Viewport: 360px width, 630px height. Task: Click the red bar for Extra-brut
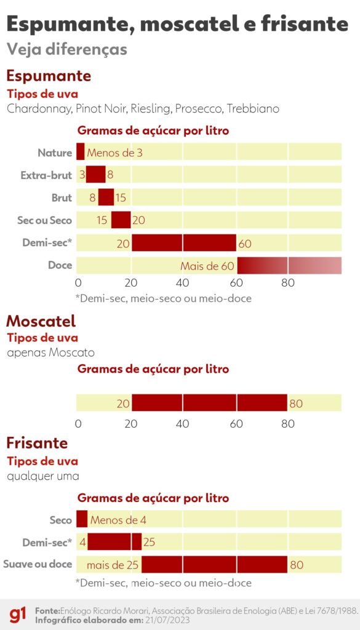click(x=95, y=175)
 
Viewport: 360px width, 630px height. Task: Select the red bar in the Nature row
click(x=80, y=152)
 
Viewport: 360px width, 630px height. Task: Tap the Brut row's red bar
click(x=106, y=197)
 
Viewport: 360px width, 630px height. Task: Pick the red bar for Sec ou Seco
click(x=121, y=220)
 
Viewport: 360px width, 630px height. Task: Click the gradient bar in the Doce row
click(x=289, y=266)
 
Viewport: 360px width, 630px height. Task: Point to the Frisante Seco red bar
click(x=81, y=519)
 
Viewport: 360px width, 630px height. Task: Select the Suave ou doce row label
click(x=38, y=564)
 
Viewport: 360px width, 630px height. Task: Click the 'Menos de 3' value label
click(x=115, y=153)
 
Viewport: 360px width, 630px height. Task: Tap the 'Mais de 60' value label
click(x=207, y=266)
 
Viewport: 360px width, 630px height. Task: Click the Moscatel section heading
click(x=41, y=321)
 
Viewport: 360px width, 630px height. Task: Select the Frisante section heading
click(x=37, y=443)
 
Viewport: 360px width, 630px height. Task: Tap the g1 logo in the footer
click(x=18, y=615)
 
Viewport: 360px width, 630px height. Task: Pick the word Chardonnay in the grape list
click(x=40, y=109)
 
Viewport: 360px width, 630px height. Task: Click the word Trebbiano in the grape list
click(x=253, y=109)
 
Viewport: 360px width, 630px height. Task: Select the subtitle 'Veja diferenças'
click(x=66, y=49)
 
